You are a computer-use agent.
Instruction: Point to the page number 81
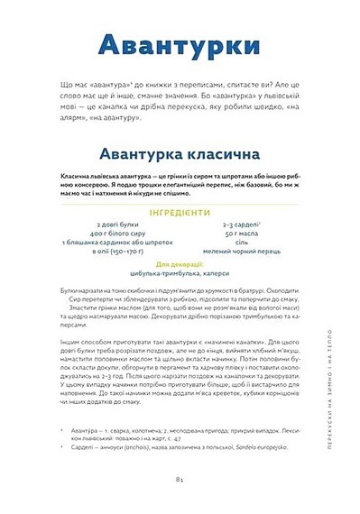click(x=180, y=489)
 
